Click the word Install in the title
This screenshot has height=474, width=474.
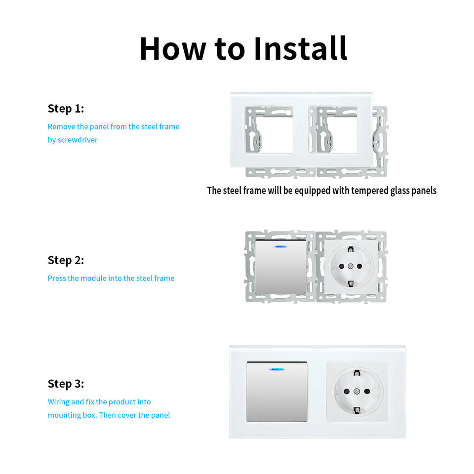[x=301, y=48]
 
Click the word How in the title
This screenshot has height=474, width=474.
[x=173, y=48]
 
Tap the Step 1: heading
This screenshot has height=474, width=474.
[x=66, y=109]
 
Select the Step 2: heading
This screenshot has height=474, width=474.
[x=66, y=260]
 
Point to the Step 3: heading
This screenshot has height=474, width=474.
[x=66, y=384]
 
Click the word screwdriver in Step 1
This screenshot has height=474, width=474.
[x=78, y=140]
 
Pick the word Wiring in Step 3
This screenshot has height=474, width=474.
[x=59, y=402]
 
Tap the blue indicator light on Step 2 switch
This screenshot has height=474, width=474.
[x=280, y=247]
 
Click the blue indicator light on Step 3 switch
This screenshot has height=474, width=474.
[x=276, y=369]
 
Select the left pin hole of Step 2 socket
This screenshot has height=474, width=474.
[x=342, y=266]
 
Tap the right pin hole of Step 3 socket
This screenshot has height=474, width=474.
[x=367, y=392]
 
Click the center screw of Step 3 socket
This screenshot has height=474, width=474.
[x=356, y=392]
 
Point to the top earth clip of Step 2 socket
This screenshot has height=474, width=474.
[x=351, y=249]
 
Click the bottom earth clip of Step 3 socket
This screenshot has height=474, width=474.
[x=356, y=410]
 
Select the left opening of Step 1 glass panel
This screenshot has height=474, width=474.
[x=269, y=129]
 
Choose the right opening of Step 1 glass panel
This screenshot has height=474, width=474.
[x=333, y=129]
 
